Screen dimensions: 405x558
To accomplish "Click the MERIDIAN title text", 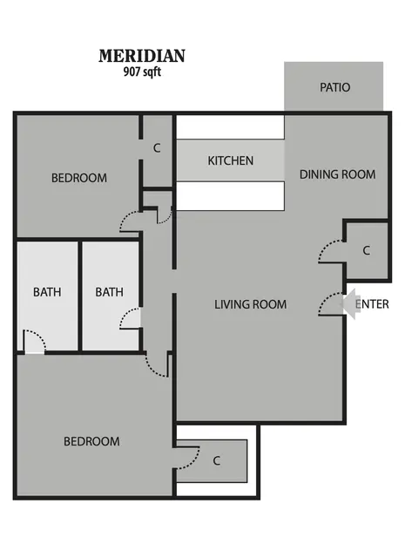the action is pos(142,56).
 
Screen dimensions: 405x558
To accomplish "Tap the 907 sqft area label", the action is pos(142,71).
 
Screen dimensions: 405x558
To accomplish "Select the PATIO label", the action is pos(335,87).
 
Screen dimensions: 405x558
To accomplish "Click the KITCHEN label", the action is pos(231,160).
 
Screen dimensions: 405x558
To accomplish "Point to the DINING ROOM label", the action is pos(337,174).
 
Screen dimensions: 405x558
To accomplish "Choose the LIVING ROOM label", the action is pos(250,304).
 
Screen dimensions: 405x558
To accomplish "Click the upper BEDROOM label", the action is pos(79,178).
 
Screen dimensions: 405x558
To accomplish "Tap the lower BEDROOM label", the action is pos(91,442).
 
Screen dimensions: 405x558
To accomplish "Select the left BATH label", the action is pos(47,292).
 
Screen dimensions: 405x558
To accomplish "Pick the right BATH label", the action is pos(109,292).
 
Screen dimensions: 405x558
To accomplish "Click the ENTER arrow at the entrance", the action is pos(350,304).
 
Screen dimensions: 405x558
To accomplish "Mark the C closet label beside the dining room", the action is pos(367,251).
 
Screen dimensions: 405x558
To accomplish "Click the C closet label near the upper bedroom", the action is pos(157,148).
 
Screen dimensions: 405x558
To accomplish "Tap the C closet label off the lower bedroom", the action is pos(216,461).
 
